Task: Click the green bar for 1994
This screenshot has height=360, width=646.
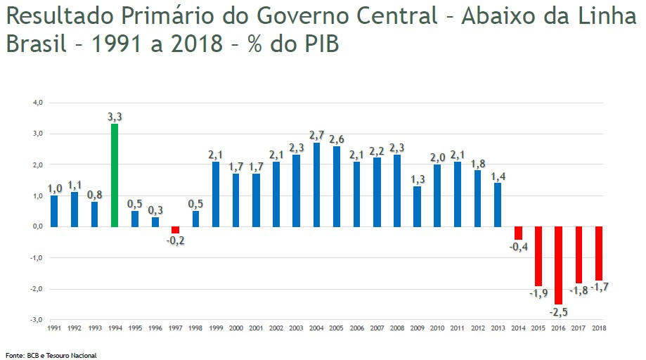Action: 115,175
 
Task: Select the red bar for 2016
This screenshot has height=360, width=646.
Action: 559,265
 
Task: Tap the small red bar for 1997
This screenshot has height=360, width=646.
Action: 175,230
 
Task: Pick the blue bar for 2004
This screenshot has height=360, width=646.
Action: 317,184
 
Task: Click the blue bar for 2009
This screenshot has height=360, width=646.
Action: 418,206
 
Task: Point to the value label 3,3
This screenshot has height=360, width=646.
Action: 115,117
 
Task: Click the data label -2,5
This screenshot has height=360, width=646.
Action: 558,311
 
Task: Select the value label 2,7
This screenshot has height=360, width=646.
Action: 317,135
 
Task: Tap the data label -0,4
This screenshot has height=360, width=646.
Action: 518,247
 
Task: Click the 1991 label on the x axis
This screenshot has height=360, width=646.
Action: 54,328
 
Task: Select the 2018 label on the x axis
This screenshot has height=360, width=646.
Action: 599,328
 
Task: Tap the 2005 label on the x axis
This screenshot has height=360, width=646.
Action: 337,328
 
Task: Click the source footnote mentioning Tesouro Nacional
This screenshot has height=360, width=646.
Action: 51,355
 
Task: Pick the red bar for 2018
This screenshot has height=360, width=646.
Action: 599,253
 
